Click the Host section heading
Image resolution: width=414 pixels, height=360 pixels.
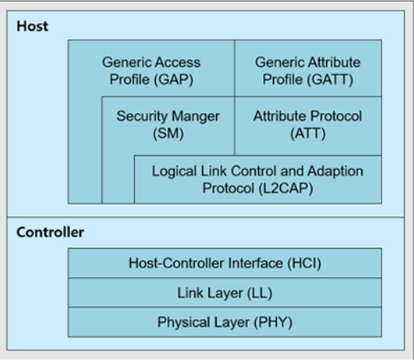32,26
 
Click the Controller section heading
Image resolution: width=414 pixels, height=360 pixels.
50,233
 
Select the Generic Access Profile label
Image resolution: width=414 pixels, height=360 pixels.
151,70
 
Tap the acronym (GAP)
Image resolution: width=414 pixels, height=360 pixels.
173,79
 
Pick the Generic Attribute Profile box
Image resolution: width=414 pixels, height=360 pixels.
308,68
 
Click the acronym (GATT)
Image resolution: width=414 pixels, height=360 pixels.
330,79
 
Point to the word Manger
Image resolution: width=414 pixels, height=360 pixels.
196,116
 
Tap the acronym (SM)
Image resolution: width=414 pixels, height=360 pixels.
168,134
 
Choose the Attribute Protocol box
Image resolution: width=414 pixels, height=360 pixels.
308,126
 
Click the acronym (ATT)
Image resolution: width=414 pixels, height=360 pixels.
308,134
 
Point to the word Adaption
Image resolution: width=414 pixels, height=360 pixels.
336,172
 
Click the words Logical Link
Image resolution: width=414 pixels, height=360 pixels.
189,171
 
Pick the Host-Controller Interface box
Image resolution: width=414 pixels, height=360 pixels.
225,263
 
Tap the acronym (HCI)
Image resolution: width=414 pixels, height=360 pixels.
305,263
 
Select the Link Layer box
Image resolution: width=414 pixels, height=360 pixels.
225,293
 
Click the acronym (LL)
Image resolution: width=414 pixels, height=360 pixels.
260,294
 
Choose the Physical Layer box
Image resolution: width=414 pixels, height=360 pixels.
225,322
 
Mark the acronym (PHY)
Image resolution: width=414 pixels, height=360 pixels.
273,323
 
